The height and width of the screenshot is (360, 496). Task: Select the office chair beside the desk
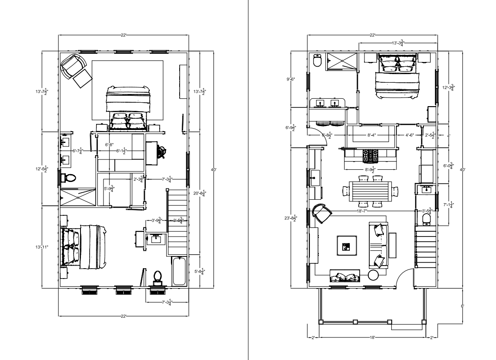tap(161, 152)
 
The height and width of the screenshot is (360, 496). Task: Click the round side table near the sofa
tap(373, 275)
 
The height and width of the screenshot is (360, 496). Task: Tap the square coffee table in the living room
tap(347, 246)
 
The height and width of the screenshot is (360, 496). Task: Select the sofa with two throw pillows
tap(378, 245)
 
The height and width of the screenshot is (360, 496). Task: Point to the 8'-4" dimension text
tap(371, 135)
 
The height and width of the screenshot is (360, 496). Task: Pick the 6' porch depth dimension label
tap(462, 306)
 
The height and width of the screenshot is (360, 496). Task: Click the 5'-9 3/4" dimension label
tap(110, 189)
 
